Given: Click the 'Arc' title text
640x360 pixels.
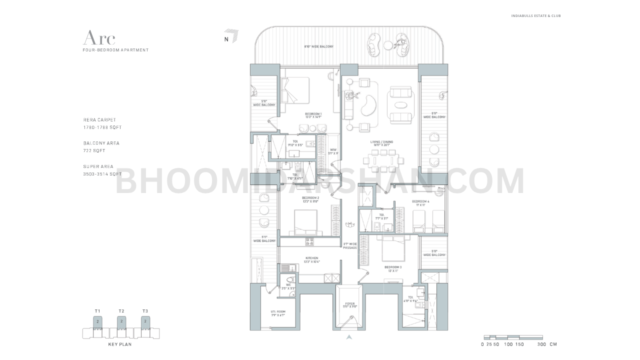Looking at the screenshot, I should (99, 37).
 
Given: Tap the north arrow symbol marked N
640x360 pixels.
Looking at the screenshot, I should (231, 36).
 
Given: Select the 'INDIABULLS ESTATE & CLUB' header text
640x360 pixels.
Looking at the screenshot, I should (535, 16).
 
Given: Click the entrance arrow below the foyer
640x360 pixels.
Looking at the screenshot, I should (349, 337).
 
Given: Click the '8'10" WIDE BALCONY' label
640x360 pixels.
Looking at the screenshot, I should (318, 47).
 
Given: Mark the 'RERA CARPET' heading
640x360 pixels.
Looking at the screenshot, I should (99, 120).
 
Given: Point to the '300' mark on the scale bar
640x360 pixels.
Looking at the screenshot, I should (540, 344).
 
